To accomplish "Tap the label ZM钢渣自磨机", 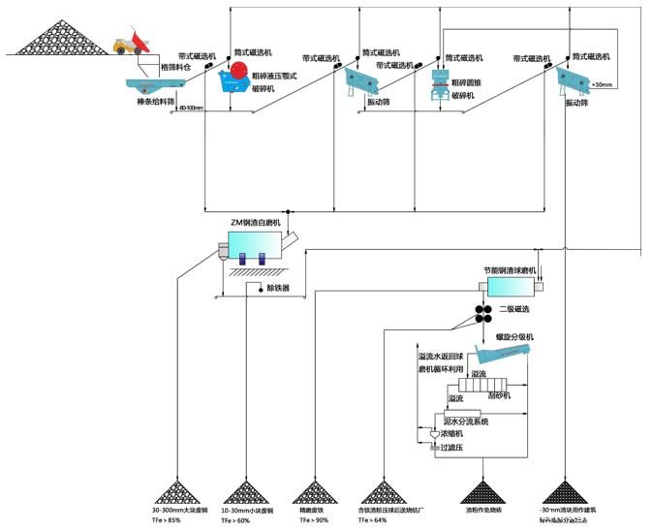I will click(255, 223).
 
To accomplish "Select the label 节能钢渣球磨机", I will click(510, 271).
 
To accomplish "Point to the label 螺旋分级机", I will click(515, 336).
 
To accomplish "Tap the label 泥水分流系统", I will click(466, 422).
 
